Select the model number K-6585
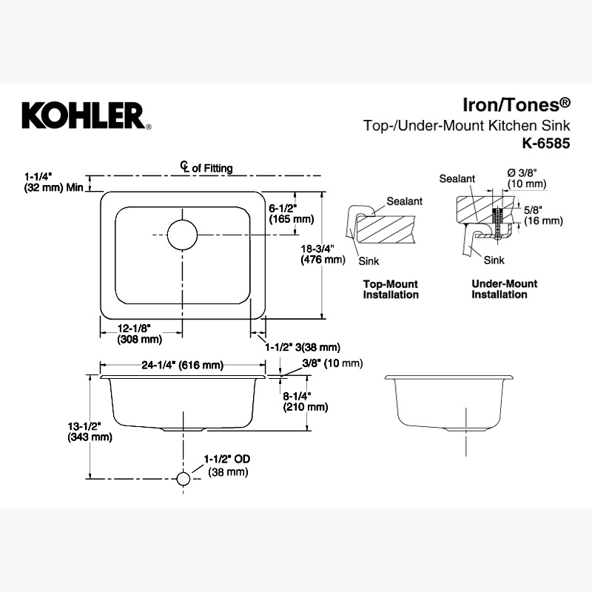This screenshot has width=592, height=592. [546, 144]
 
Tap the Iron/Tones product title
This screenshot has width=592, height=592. [517, 104]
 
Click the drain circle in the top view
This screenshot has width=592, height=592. [182, 235]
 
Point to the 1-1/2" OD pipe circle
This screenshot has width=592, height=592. [183, 479]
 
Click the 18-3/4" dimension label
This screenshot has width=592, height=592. [323, 254]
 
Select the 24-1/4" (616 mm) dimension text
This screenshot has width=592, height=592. [182, 365]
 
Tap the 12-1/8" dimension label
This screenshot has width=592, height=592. [139, 334]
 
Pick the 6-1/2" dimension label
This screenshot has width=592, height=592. [291, 213]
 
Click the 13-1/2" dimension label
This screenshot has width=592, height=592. [90, 431]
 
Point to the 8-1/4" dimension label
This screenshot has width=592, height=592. [306, 401]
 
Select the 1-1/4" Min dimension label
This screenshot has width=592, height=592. [53, 182]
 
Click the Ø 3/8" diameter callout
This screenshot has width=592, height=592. [527, 178]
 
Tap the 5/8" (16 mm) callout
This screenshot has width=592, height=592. [543, 215]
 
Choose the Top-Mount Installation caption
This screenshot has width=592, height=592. [391, 289]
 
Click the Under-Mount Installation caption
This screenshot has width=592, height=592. [505, 289]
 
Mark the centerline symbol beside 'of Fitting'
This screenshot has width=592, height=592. [184, 167]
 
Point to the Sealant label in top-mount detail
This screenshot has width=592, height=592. [404, 201]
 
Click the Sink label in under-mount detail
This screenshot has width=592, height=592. [494, 260]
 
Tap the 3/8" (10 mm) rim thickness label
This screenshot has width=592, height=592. [332, 363]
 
